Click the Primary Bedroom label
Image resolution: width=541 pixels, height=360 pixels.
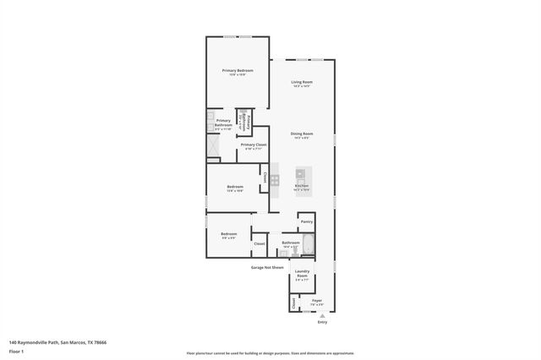pos(238,70)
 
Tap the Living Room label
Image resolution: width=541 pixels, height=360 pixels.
pos(303,82)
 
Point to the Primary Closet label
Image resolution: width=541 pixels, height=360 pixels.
pos(254,145)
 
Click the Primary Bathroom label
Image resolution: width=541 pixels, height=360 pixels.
pos(223,123)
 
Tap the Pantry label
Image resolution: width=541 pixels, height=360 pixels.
pos(306,221)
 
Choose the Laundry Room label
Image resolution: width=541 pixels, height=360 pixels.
pos(302,274)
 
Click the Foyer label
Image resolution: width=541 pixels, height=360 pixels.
pos(317,299)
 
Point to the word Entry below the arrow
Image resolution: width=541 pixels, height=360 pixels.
pos(321,322)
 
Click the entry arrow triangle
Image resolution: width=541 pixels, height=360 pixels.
pos(321,315)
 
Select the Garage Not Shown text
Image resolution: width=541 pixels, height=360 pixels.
pos(266,267)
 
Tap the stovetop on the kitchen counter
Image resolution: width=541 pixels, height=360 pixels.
pos(275,178)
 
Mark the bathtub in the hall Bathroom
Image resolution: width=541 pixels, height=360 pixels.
pos(308,246)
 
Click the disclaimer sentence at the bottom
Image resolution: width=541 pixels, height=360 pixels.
pos(270,353)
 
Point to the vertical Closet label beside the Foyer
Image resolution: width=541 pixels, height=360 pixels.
pos(294,303)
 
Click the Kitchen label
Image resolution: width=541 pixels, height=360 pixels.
pos(302,186)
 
